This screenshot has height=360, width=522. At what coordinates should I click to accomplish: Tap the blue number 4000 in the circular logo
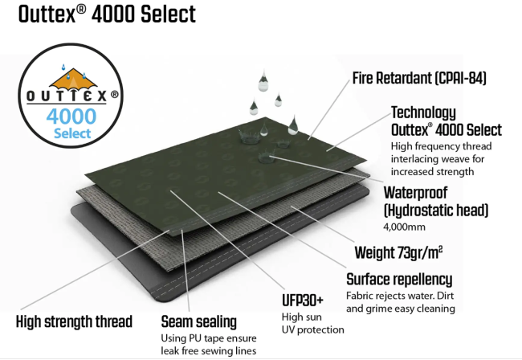click(71, 117)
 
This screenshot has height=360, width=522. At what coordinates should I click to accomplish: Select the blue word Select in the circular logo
click(72, 133)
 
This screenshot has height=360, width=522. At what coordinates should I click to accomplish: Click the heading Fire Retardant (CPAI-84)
click(419, 78)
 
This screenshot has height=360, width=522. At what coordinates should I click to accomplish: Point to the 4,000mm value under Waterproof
click(404, 227)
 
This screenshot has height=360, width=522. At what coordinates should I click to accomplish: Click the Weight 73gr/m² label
click(398, 252)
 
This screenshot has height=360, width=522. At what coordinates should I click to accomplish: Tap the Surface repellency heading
click(399, 280)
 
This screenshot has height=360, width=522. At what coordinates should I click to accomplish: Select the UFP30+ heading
click(303, 301)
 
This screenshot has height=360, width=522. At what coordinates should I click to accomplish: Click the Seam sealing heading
click(198, 322)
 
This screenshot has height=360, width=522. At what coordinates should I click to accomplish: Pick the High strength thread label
click(74, 321)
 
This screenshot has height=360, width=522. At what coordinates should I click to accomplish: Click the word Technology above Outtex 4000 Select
click(423, 112)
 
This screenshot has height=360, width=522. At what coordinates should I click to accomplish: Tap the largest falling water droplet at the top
click(263, 80)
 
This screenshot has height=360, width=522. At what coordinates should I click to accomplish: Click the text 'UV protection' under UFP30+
click(313, 330)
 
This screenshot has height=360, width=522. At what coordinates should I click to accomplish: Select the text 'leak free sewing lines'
click(209, 351)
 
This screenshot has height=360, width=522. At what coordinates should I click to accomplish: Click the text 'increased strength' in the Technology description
click(432, 172)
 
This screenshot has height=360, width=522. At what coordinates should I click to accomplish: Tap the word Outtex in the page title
click(47, 14)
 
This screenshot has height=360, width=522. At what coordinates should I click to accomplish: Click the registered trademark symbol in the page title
click(81, 9)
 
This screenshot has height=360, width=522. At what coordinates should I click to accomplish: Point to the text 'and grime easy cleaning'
click(401, 309)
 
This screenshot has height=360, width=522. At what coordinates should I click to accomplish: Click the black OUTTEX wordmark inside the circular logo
click(67, 96)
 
